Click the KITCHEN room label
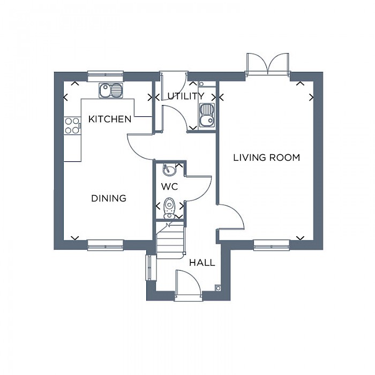coord(110,119)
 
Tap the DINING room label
coord(109,198)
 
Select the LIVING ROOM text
coord(266,157)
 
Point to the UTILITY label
coord(186,96)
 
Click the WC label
coord(170,186)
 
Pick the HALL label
coord(202,263)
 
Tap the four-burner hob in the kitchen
coord(72,126)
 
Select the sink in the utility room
coord(207,115)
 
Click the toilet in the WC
coord(170,208)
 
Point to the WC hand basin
coord(169,170)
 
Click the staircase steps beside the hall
coord(170,241)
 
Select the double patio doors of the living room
coord(268,63)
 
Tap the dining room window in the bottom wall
coord(106,245)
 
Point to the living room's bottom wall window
coord(272,245)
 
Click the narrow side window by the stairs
coord(149,267)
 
